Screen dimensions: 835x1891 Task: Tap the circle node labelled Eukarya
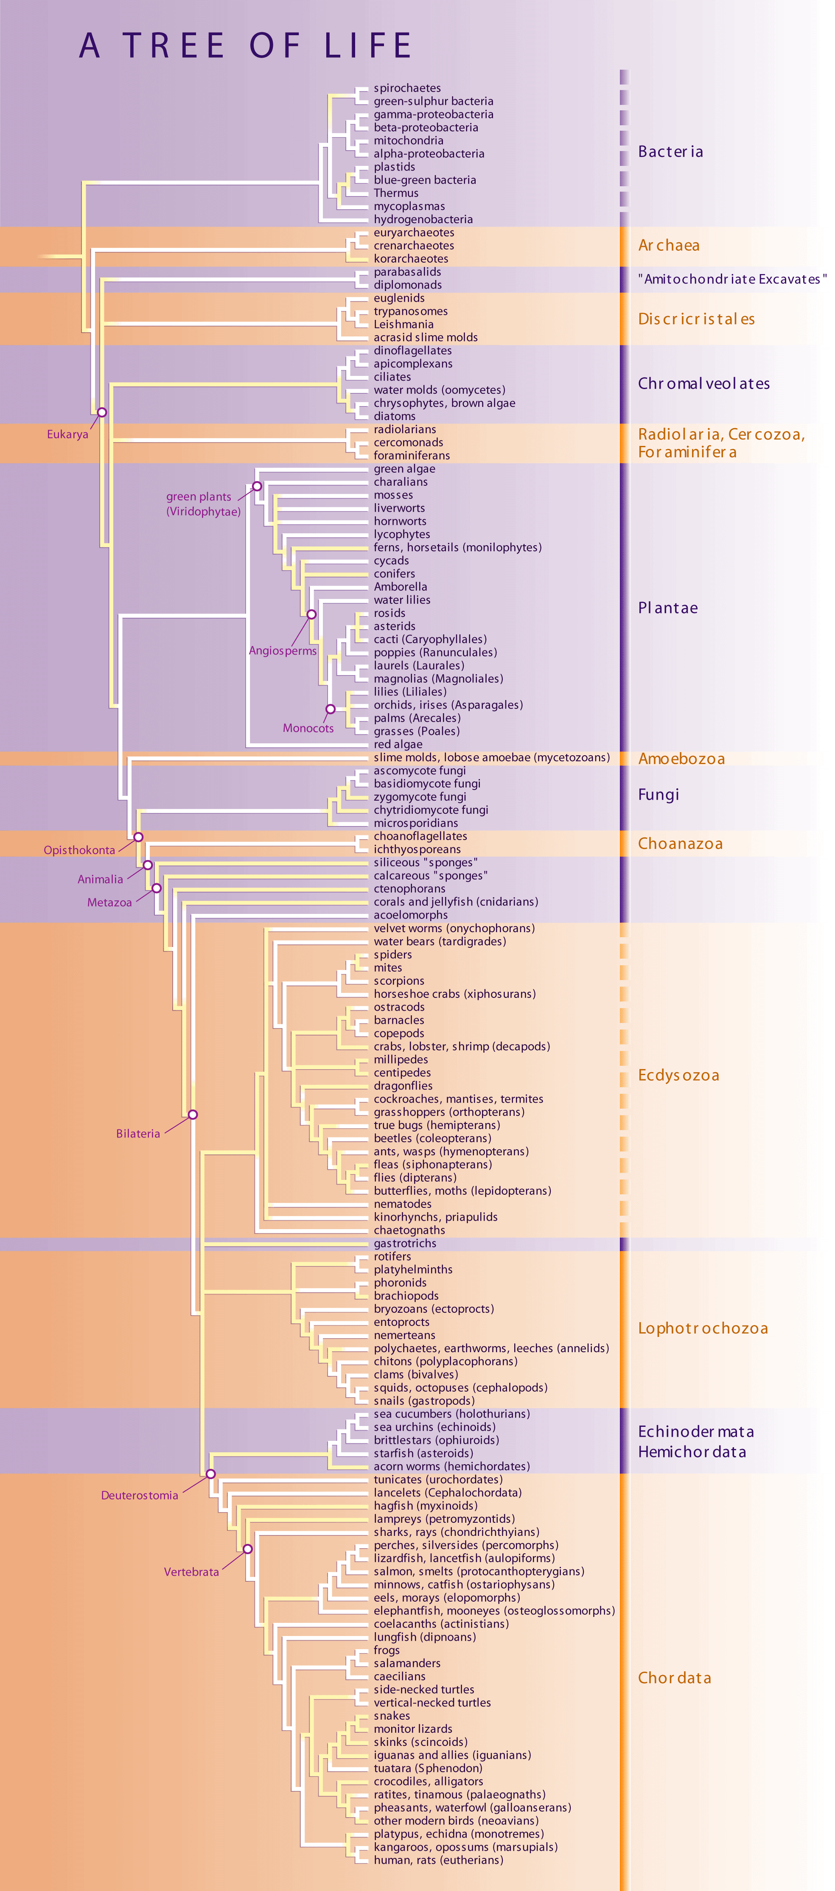tap(102, 412)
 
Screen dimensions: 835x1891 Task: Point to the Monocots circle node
tap(331, 709)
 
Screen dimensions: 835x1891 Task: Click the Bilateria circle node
tap(192, 1114)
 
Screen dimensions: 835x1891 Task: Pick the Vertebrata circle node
tap(247, 1549)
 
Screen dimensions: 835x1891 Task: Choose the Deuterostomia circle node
tap(210, 1474)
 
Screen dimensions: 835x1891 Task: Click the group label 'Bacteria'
tap(670, 152)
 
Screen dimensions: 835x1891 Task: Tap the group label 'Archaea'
tap(668, 245)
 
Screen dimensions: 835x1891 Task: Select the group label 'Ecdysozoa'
tap(678, 1076)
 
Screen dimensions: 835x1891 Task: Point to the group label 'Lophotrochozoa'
tap(703, 1328)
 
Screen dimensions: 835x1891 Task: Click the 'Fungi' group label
tap(658, 795)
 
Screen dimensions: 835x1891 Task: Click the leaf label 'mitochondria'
tap(408, 140)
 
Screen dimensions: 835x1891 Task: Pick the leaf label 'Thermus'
tap(396, 193)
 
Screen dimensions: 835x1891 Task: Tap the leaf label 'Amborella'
tap(400, 586)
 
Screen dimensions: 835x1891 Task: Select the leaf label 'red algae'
tap(398, 744)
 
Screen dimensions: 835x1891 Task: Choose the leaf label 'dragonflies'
tap(403, 1086)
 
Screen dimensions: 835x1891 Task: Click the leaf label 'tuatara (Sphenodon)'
tap(428, 1768)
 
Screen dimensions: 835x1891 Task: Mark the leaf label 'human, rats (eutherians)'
tap(438, 1860)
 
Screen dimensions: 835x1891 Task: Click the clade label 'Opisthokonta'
tap(79, 850)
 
